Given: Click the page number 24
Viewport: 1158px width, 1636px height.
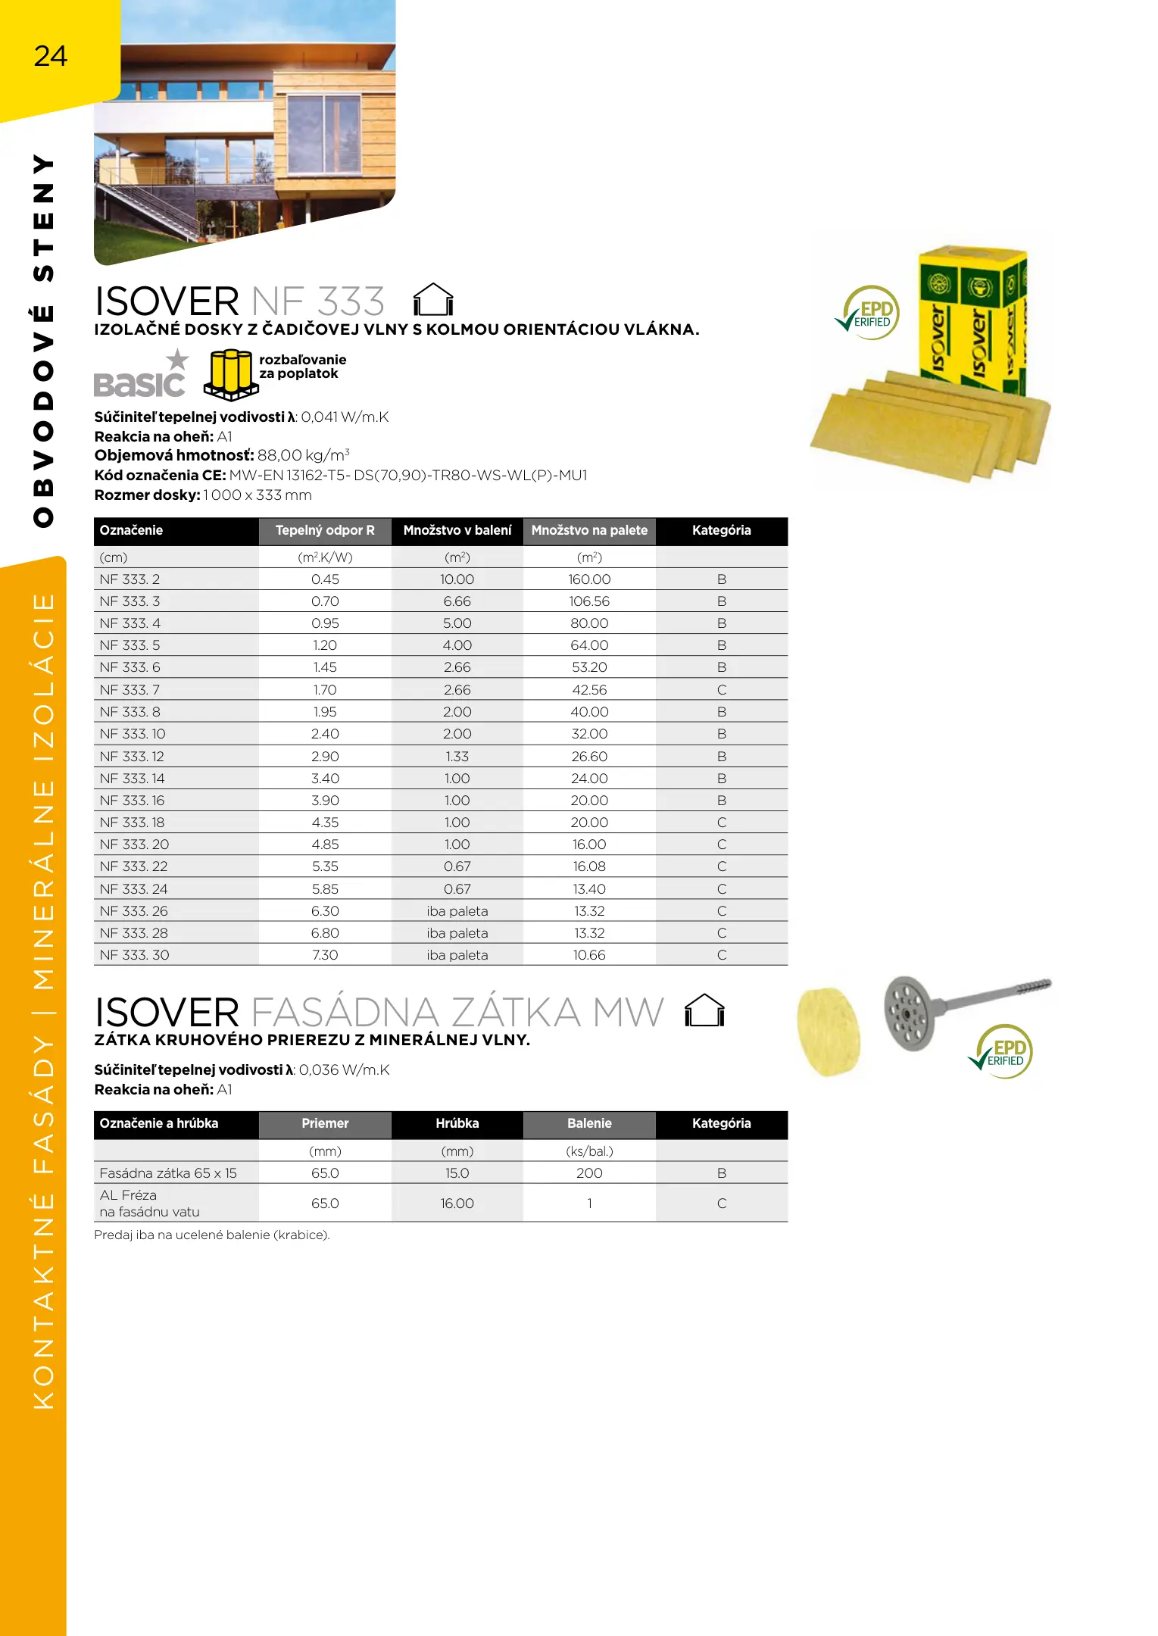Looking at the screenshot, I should pos(51,56).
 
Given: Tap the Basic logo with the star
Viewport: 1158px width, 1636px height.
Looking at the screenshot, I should pos(142,376).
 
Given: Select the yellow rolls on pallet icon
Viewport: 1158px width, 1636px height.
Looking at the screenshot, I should pos(231,373).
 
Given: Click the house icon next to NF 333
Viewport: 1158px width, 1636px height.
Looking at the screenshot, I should pos(433,299).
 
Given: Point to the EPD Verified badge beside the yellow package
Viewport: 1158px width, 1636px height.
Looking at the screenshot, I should pos(869,313).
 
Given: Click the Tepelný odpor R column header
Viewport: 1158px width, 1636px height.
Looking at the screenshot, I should pos(325,530).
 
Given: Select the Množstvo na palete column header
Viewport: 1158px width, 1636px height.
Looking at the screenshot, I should pos(589,530).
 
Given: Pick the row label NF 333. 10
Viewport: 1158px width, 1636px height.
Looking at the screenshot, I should pos(133,734).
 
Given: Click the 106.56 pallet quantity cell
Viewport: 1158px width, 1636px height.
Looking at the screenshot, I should pos(589,601).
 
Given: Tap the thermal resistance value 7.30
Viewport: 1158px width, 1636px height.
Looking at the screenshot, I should pos(325,955).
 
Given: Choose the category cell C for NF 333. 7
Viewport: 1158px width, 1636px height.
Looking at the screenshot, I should pos(721,690).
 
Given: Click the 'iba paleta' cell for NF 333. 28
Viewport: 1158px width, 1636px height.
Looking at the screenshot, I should pos(457,933).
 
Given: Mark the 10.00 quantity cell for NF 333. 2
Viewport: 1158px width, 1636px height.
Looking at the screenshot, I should pos(457,579).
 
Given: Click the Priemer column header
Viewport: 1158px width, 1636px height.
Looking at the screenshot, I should pos(325,1123).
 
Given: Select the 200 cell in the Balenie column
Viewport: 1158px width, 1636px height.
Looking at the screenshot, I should pos(589,1173).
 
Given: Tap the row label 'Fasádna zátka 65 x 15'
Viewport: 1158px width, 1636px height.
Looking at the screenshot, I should pos(168,1173).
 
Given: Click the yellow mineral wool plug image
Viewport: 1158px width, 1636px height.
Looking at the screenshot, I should pos(829,1030).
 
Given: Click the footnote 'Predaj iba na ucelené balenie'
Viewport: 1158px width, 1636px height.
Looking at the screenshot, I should pos(212,1235).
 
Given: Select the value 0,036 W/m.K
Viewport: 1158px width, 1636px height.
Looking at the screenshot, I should pos(344,1069).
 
